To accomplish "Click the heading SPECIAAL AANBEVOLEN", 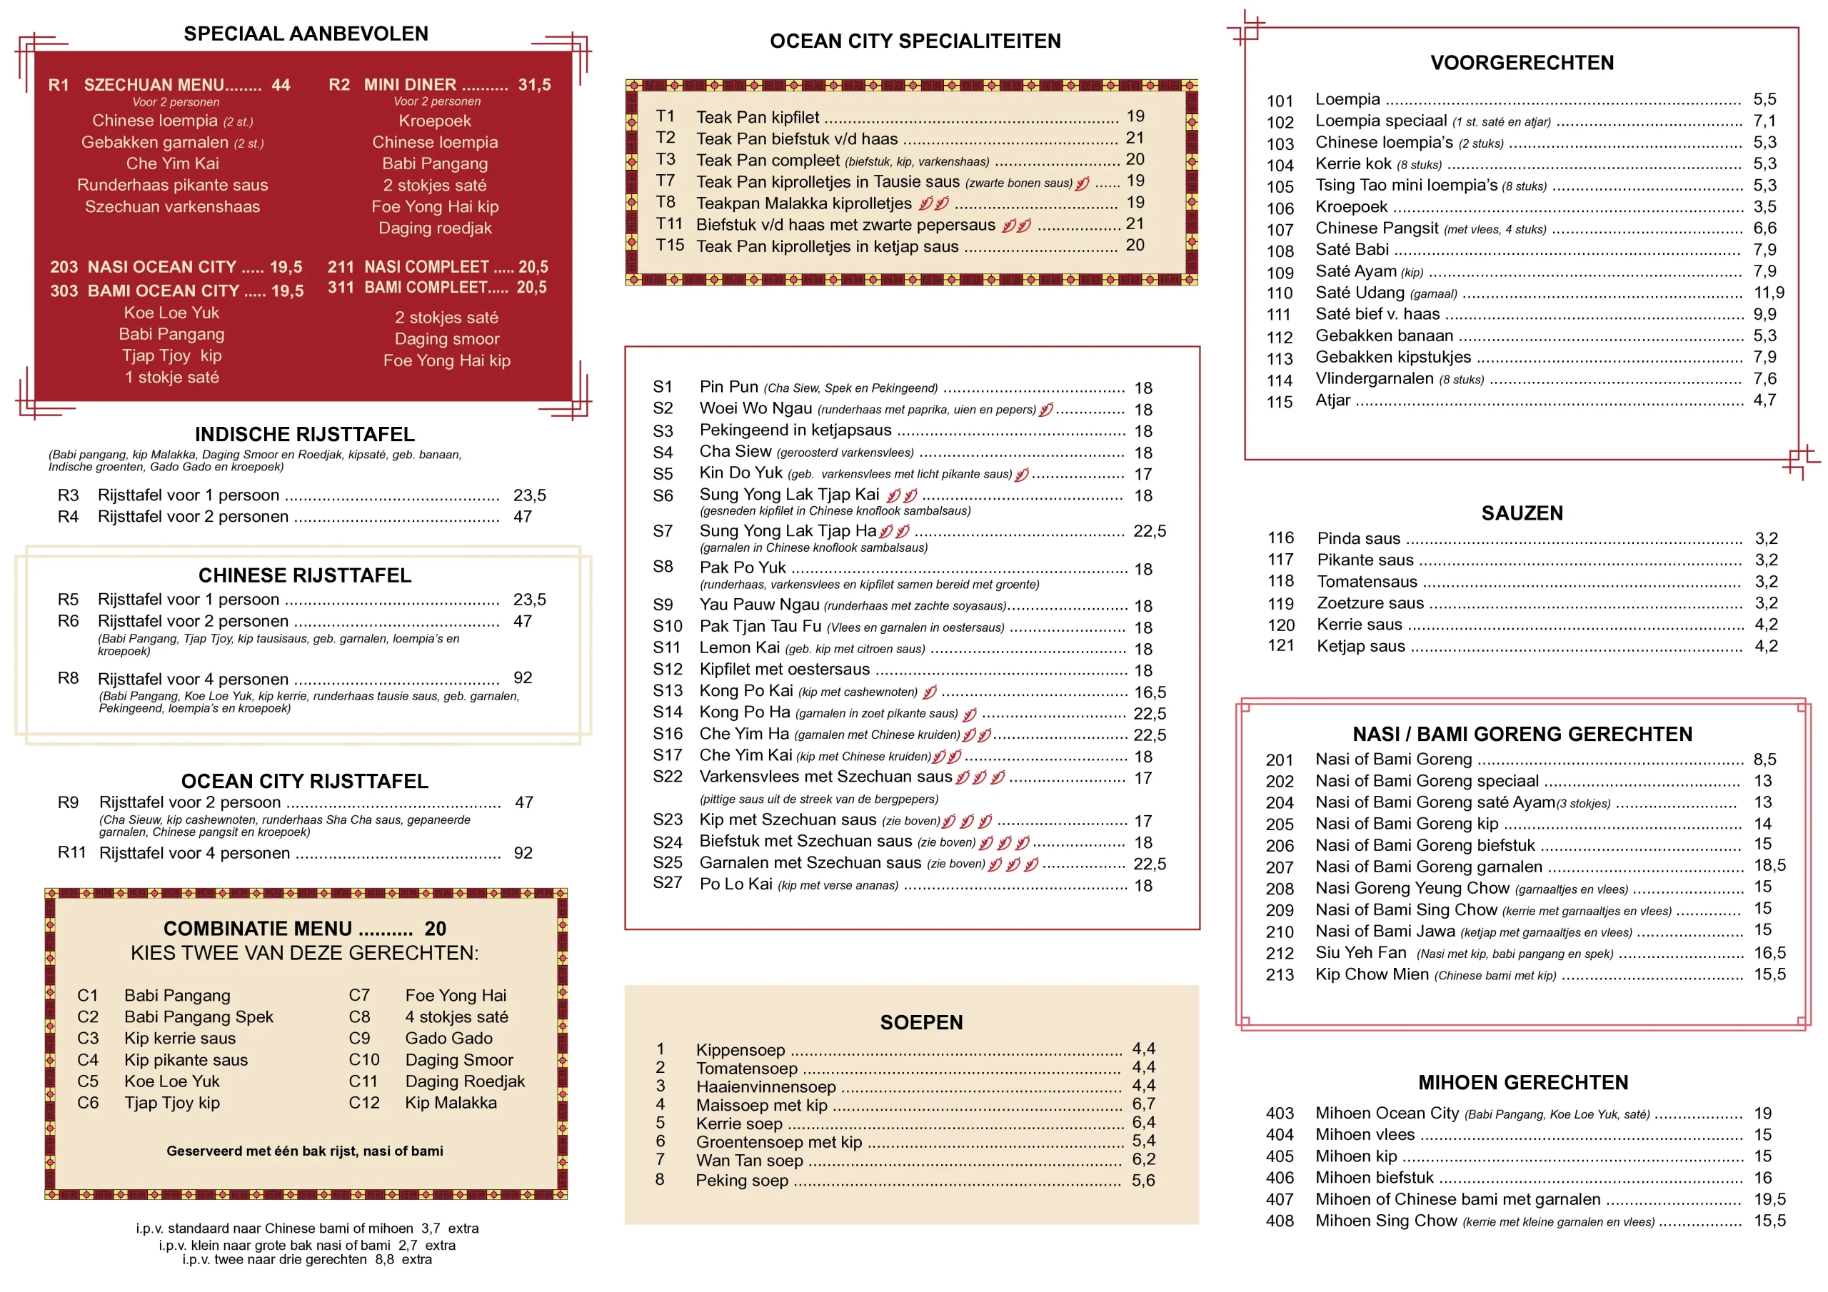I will click(306, 34).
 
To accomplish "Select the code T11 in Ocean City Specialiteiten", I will click(669, 223).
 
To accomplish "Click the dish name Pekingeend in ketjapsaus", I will click(795, 430).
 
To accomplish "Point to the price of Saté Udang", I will click(1768, 292).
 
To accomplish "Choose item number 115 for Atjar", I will click(1280, 402).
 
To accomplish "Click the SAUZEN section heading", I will click(1522, 513).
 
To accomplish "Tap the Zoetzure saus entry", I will click(1370, 602).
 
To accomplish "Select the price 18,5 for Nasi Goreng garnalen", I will click(1769, 864).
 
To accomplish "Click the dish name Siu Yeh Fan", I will click(1361, 952).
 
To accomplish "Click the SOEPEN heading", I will click(921, 1022).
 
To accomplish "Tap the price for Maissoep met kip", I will click(1143, 1104).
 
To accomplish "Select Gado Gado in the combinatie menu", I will click(448, 1038).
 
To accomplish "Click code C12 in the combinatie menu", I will click(364, 1103).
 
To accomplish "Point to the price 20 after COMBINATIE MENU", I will click(435, 928).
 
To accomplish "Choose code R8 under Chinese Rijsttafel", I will click(69, 677).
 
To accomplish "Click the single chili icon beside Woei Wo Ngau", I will click(1045, 409).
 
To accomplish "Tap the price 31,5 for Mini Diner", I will click(534, 84).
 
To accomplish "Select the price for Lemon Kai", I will click(1143, 649).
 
